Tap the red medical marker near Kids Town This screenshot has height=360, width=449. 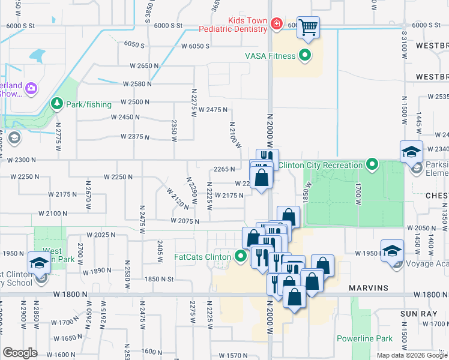276,25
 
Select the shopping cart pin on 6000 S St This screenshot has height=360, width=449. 308,27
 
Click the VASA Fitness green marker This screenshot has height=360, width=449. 305,56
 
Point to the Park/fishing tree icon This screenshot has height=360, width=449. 57,104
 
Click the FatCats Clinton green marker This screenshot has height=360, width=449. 241,257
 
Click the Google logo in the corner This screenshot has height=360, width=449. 20,352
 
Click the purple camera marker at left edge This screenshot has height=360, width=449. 31,89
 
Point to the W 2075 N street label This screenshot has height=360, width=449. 184,221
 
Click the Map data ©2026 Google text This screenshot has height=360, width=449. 412,355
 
